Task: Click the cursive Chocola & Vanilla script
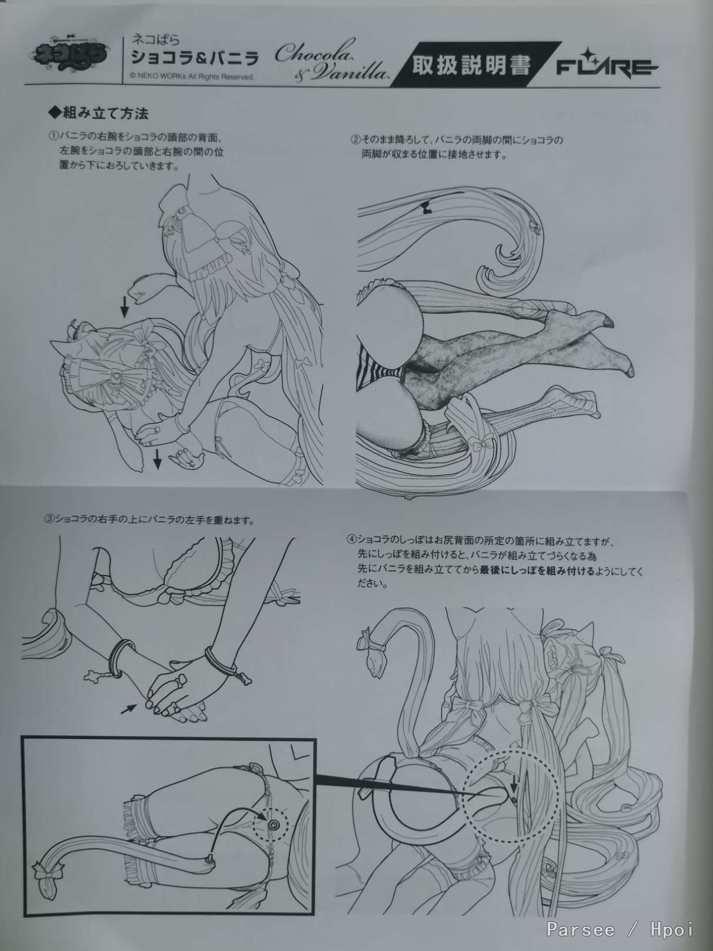coord(329,60)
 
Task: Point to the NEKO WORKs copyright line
coord(191,77)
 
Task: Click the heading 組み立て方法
coord(98,113)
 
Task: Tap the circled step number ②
coord(356,140)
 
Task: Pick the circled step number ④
coord(351,541)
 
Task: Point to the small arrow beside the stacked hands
coord(128,709)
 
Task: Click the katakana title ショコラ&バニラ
coord(195,58)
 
